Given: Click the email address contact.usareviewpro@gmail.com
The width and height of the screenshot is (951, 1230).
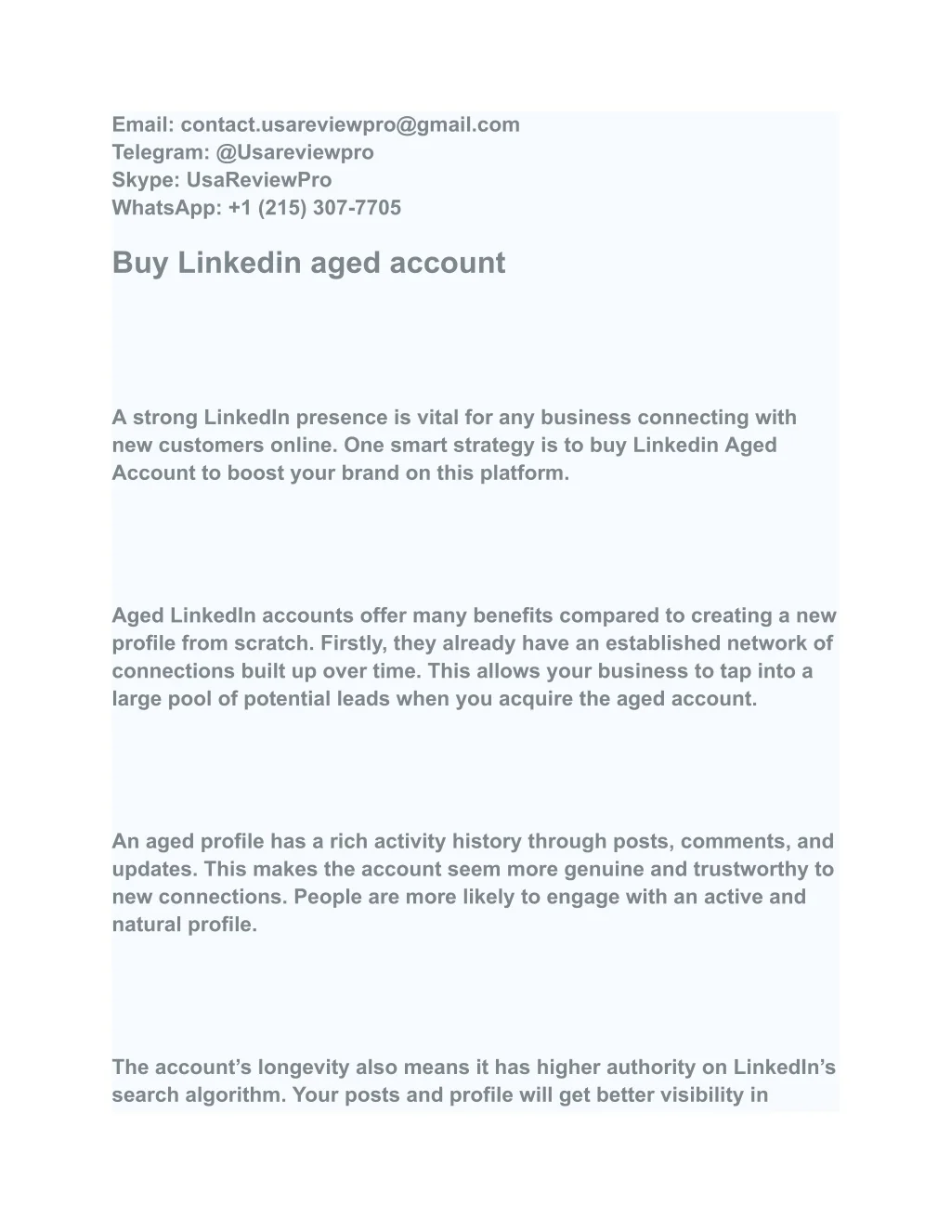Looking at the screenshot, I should pos(350,124).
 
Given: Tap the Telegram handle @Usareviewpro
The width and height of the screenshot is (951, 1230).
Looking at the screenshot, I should pos(294,152).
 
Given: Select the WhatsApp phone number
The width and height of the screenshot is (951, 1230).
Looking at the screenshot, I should pos(315,208).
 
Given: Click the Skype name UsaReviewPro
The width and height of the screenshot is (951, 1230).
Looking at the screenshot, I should pos(259,180).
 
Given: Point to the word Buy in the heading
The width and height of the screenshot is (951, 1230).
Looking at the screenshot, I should pos(140,263).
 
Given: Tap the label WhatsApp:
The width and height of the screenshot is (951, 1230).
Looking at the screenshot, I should pos(166,208).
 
